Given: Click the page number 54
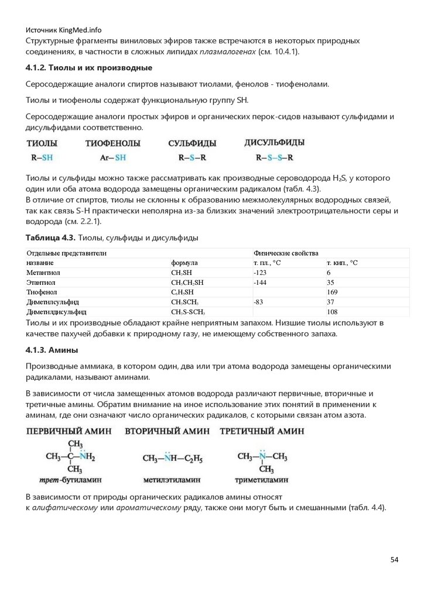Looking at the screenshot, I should click(394, 560).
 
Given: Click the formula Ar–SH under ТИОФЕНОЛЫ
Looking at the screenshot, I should click(112, 157).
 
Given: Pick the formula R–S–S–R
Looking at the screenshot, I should click(275, 157).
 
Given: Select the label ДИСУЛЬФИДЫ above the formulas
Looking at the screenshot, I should click(274, 142).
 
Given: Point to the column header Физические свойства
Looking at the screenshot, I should click(286, 253).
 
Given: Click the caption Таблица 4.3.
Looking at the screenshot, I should click(50, 237).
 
